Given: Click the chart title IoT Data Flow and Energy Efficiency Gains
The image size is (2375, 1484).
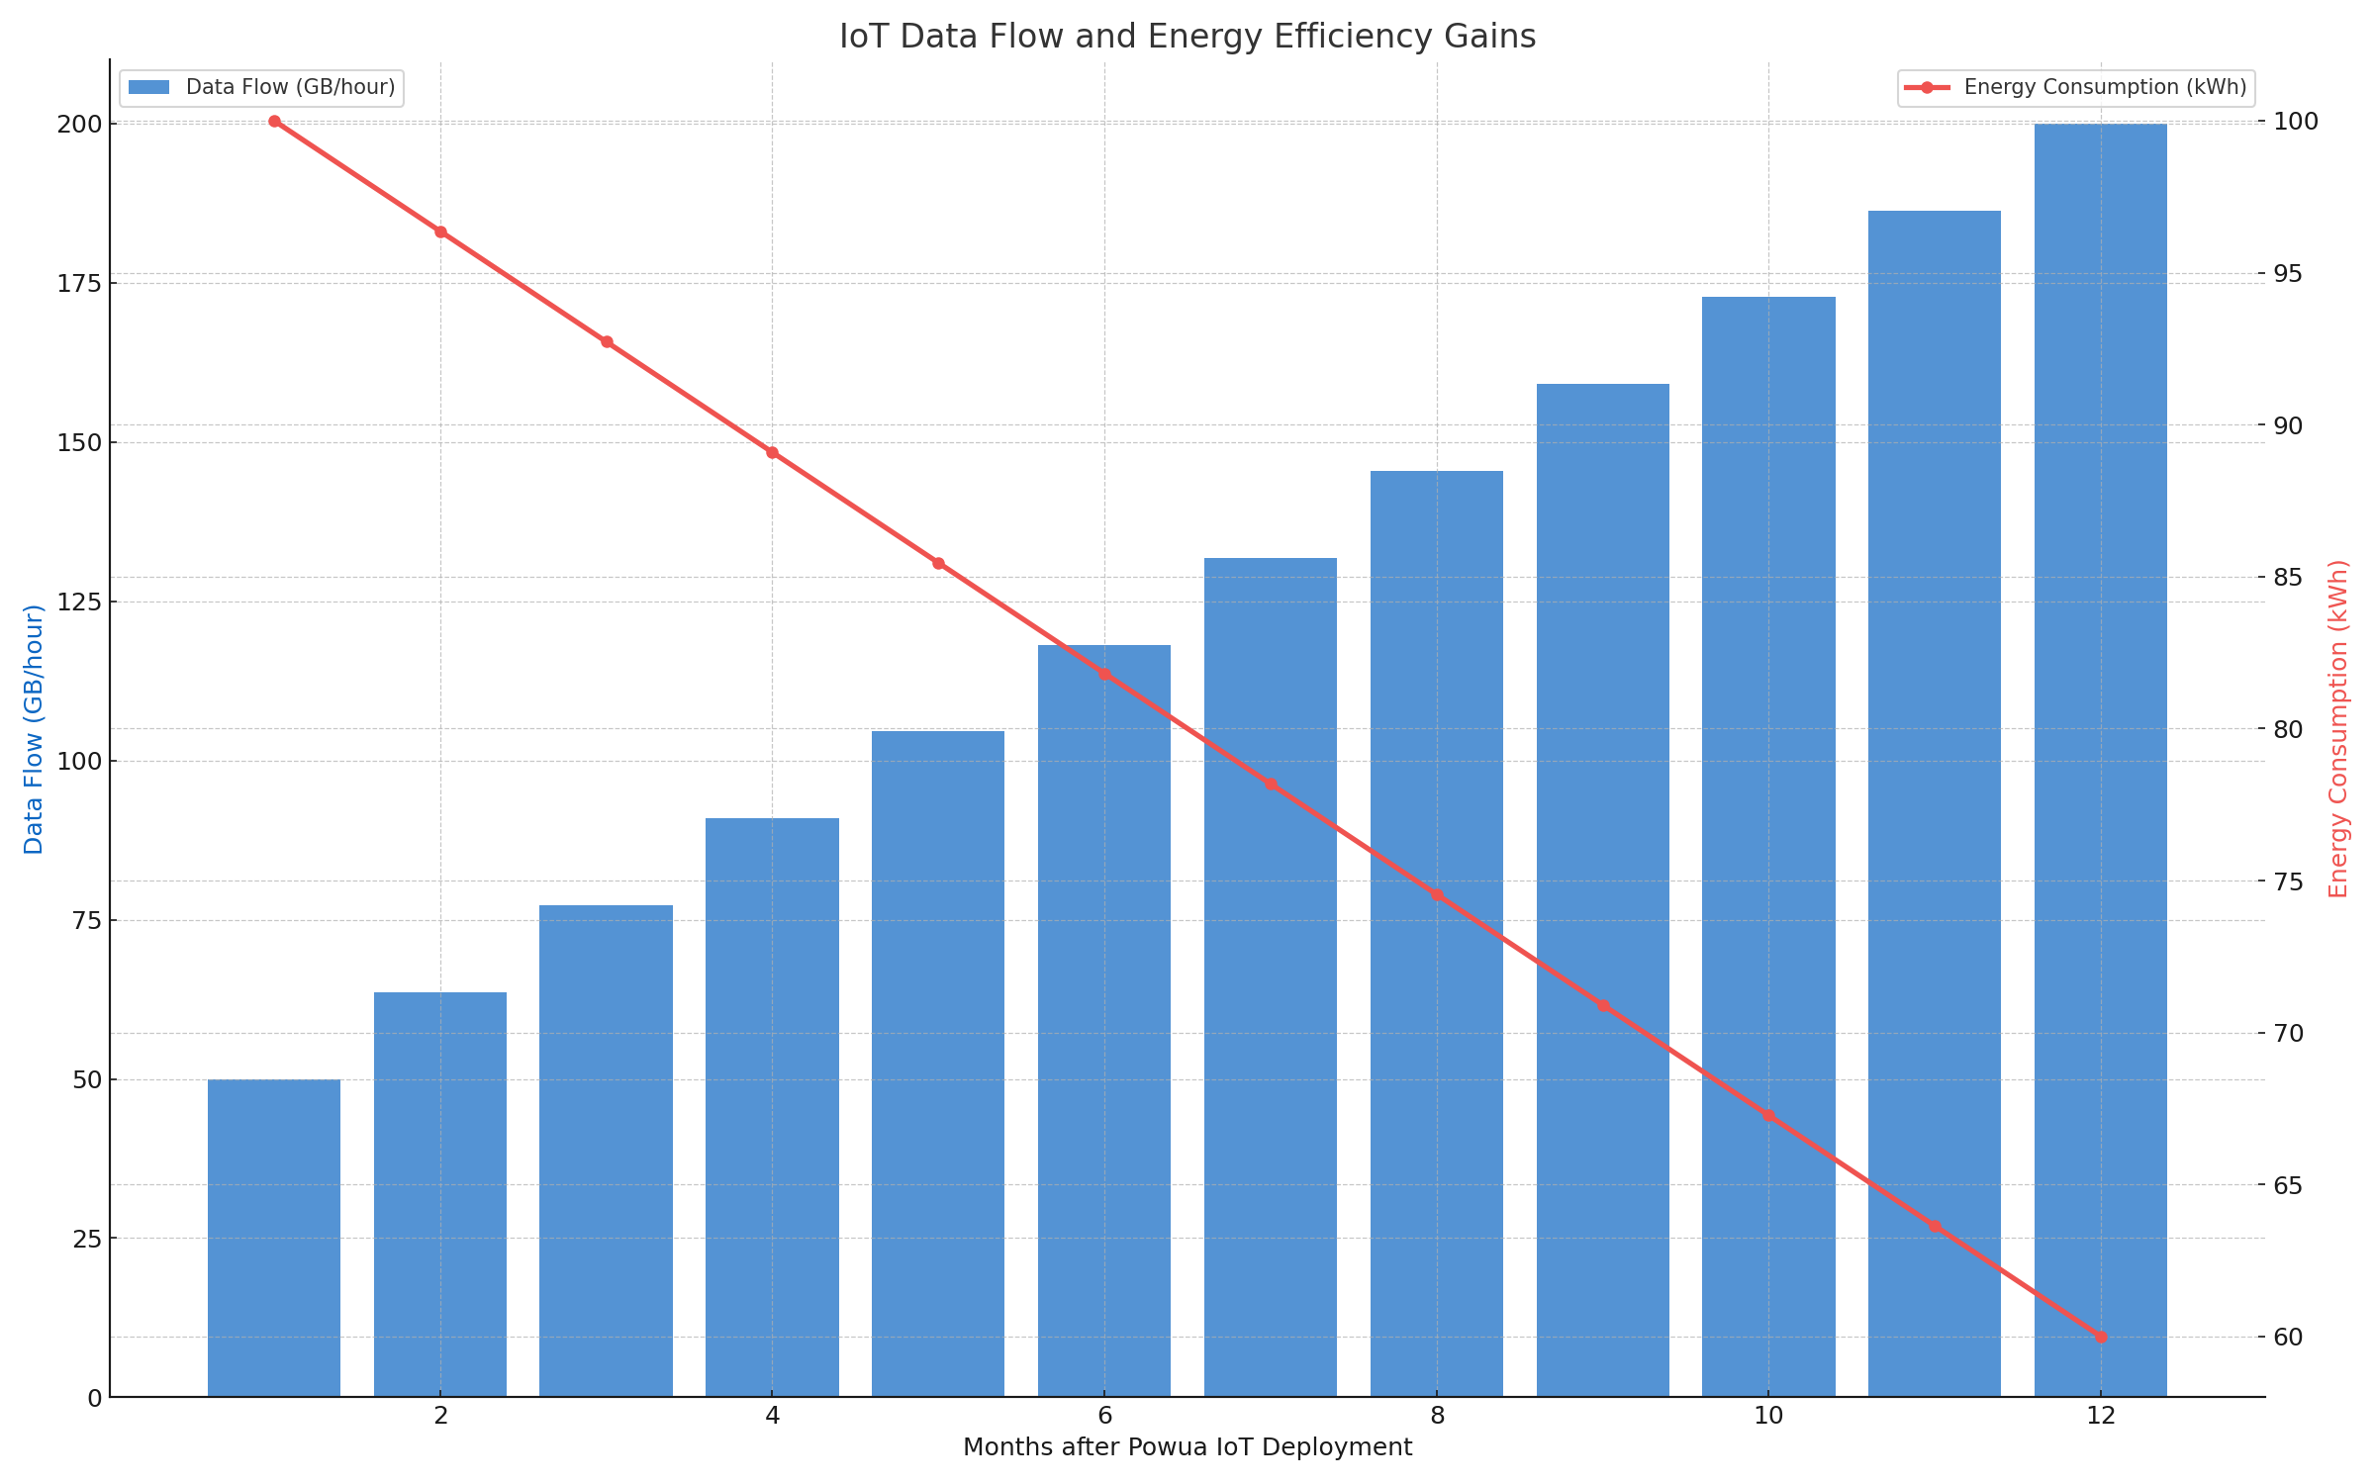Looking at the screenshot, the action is point(1187,37).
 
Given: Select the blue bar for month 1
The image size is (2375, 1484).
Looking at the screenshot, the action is point(274,1238).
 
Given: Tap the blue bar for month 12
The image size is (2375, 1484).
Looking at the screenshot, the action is point(2101,760).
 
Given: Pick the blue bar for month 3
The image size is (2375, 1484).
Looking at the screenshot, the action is point(606,1151).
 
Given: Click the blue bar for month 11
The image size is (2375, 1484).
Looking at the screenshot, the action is point(1935,803).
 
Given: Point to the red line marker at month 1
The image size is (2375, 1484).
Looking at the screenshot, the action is point(274,122).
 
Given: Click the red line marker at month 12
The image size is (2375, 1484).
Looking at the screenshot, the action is point(2101,1337).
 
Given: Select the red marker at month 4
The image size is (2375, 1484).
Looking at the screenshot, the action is point(772,453).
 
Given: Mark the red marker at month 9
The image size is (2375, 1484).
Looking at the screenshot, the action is point(1602,1005).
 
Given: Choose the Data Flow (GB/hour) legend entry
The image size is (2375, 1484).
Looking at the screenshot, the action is point(261,87).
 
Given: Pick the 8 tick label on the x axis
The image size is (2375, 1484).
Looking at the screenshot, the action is point(1437,1417).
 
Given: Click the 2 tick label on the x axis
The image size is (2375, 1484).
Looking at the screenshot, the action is point(440,1417).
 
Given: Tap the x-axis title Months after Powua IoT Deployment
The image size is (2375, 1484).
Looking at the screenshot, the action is point(1187,1448).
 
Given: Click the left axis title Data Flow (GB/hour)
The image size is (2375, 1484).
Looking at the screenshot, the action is point(34,729).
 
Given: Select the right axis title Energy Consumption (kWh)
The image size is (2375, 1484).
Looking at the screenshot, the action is point(2338,729).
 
